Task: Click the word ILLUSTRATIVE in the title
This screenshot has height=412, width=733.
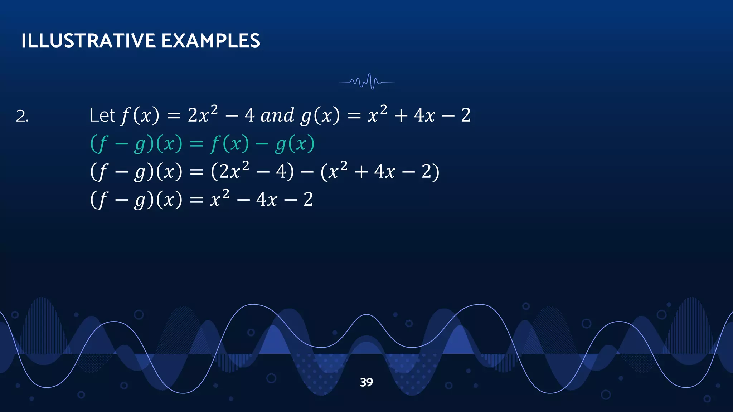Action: tap(88, 41)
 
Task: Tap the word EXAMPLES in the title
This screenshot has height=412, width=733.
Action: tap(211, 41)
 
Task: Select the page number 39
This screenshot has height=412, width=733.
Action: tap(366, 382)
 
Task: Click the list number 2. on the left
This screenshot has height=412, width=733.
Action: tap(22, 117)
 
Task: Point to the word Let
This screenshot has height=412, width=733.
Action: tap(102, 116)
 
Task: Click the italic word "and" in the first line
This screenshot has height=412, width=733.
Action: tap(277, 116)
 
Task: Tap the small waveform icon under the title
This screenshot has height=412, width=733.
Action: tap(367, 82)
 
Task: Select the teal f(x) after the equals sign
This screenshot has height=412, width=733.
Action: tap(229, 144)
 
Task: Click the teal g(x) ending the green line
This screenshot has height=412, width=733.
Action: tap(295, 144)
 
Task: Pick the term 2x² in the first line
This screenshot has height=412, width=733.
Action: tap(203, 114)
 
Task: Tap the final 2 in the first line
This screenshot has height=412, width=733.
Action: tap(466, 116)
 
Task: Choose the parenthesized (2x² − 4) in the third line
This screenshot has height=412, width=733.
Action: tap(252, 171)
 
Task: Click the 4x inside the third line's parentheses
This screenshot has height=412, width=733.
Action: tap(384, 172)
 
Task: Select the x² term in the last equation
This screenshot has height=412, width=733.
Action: tap(219, 198)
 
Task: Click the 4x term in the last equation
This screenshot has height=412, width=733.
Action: tap(267, 200)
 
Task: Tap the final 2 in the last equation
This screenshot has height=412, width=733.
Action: tap(308, 200)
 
